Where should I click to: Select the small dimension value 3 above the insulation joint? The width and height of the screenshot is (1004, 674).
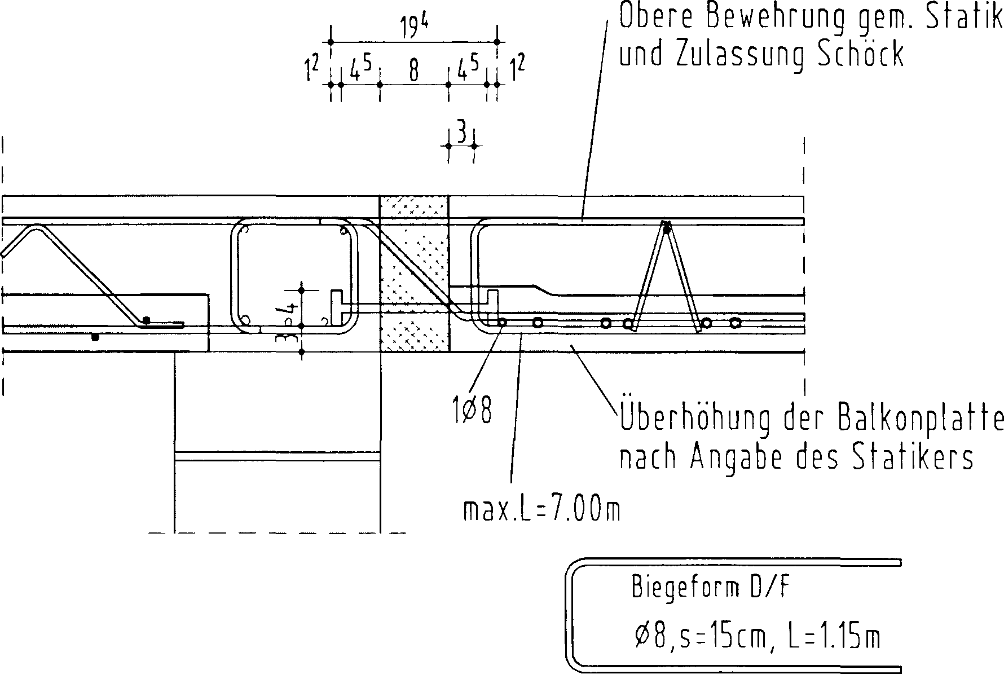point(461,134)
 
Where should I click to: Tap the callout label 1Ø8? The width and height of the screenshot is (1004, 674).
point(472,411)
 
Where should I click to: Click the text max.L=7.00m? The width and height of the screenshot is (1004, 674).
point(541,511)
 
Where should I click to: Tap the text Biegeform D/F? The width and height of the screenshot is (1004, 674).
point(711,588)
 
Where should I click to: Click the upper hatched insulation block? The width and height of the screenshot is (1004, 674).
point(415,248)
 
